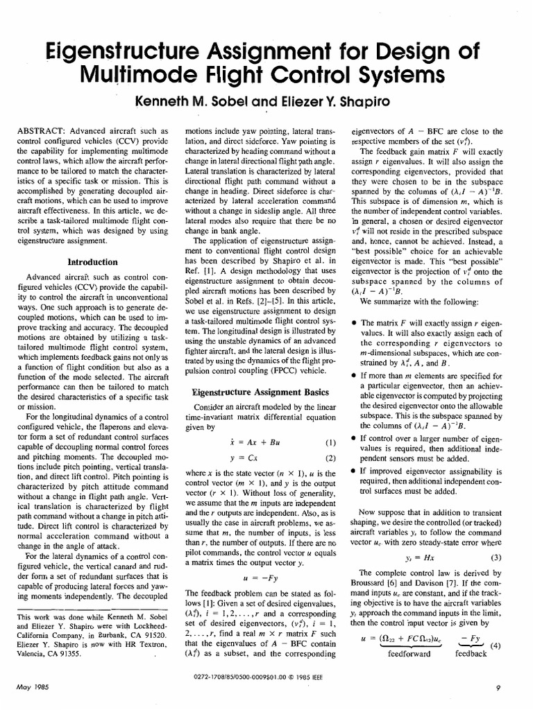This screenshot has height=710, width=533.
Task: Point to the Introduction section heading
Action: [92, 262]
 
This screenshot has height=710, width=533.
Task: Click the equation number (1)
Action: [330, 442]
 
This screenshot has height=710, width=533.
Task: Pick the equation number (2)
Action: [330, 458]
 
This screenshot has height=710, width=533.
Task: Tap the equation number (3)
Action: [496, 538]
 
